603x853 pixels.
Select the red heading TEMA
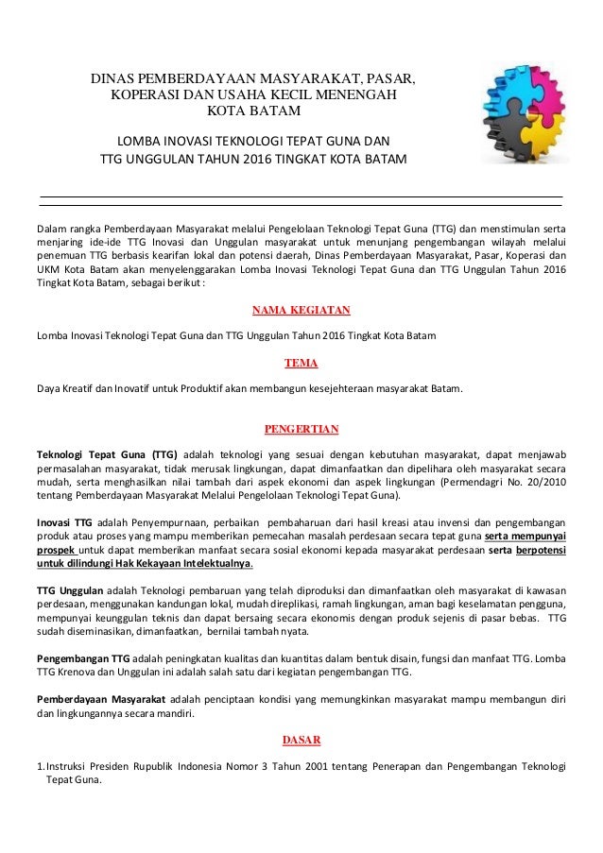click(x=301, y=362)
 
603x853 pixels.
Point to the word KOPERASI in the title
click(x=146, y=95)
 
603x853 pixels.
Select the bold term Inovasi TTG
click(x=63, y=521)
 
